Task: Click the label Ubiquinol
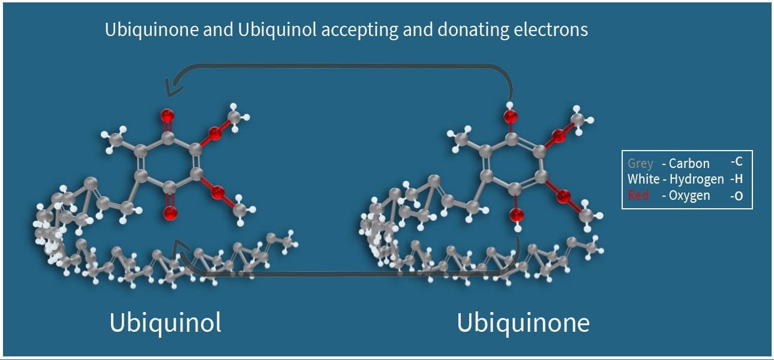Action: [165, 323]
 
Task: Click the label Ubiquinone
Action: [523, 323]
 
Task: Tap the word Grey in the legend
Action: [640, 163]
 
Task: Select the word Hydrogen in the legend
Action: [697, 179]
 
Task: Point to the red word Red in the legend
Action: [638, 196]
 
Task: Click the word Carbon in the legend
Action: [689, 163]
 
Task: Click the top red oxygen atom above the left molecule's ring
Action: [167, 115]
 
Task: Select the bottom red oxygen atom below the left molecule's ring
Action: [170, 212]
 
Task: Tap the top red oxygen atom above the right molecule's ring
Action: [510, 116]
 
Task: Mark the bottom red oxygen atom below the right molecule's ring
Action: [515, 215]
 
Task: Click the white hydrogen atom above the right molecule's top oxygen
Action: [509, 106]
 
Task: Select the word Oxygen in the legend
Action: [690, 196]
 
